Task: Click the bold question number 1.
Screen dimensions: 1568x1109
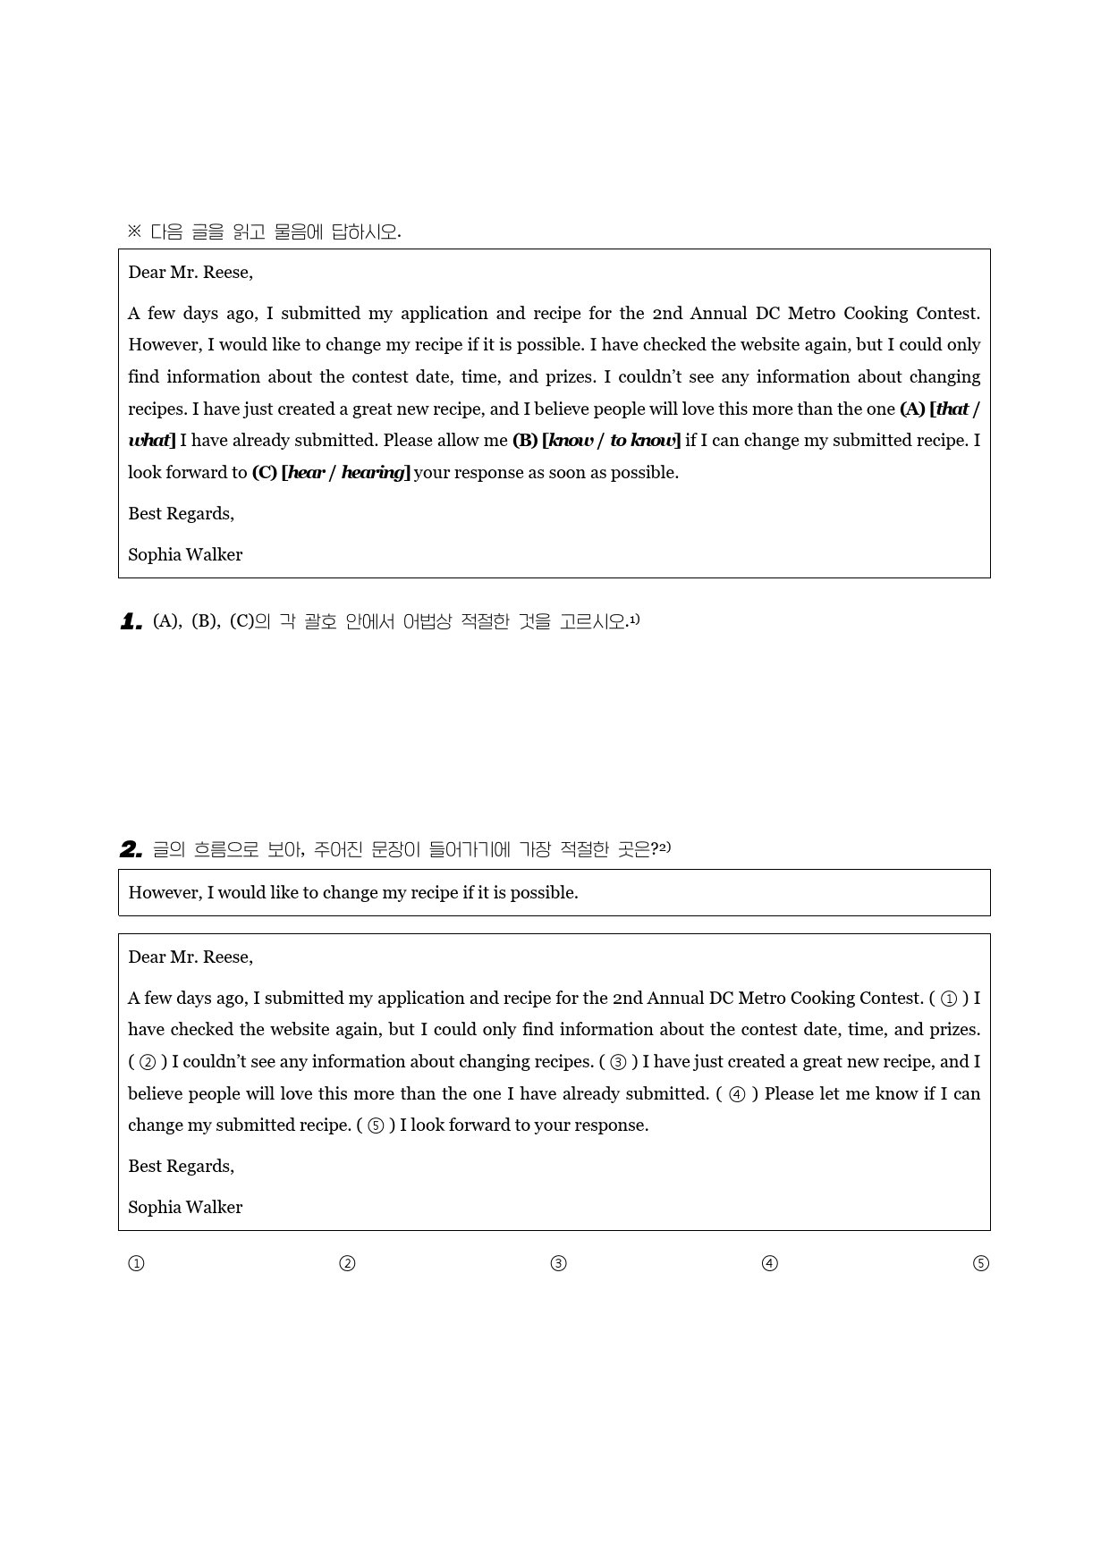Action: tap(131, 622)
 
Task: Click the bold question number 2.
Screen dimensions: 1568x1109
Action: tap(131, 849)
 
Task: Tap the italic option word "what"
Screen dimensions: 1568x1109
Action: tap(148, 441)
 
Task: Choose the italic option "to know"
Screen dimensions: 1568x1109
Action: tap(643, 441)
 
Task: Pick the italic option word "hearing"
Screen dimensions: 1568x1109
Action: tap(374, 473)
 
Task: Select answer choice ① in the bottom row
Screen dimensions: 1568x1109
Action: tap(136, 1263)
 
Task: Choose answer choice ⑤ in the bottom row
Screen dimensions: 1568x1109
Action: tap(981, 1263)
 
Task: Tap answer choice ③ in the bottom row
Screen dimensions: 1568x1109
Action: tap(559, 1263)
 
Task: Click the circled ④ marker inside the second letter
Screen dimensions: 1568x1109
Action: tap(737, 1094)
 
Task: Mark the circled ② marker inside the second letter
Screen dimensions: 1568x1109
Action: tap(148, 1062)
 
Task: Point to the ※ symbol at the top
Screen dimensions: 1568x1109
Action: tap(134, 232)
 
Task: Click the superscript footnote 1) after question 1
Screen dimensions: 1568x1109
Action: tap(634, 619)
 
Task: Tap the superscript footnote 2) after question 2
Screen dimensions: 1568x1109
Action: tap(665, 847)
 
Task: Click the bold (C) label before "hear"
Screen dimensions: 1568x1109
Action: tap(264, 473)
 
